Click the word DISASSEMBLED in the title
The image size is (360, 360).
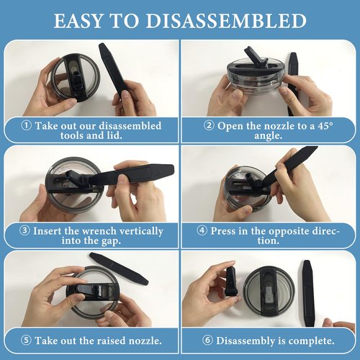tap(226, 21)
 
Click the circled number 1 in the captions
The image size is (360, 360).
tap(26, 125)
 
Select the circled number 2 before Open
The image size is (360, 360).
tap(209, 125)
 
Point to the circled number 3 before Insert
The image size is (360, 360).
tap(24, 230)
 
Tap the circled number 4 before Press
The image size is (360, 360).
tap(202, 230)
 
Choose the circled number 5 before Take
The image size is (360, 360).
tap(26, 341)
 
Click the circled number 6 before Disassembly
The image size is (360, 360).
tap(207, 341)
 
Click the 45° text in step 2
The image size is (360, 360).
tap(325, 125)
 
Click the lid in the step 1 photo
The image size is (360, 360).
tap(75, 78)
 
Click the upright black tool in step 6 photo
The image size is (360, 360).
tap(308, 293)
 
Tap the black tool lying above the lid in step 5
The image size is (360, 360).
tap(119, 269)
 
